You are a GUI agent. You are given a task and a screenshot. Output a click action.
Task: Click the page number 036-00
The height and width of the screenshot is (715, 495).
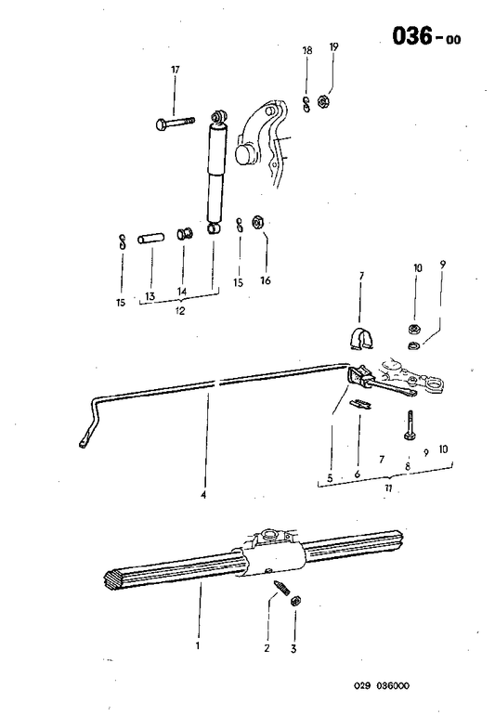424,36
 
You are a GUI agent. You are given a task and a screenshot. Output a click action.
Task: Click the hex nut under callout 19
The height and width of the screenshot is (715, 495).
326,100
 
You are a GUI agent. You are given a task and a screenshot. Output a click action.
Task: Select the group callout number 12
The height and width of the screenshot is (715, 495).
179,311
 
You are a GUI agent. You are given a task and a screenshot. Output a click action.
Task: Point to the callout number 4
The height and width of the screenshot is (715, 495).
202,495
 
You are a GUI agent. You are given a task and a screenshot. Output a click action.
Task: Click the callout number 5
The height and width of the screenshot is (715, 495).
330,479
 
